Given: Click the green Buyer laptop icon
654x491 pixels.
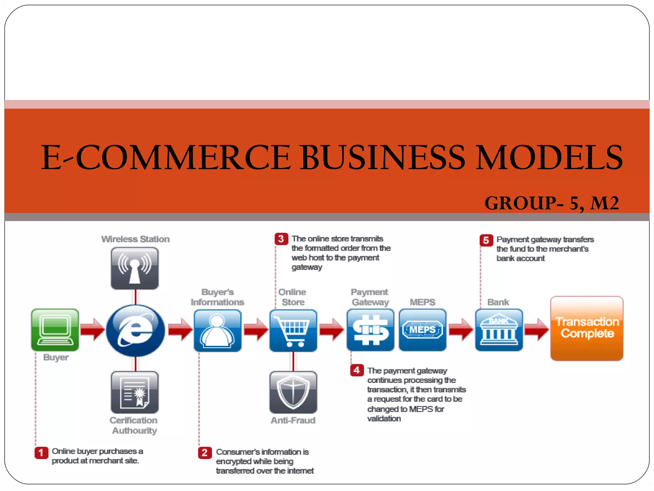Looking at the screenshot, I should point(55,330).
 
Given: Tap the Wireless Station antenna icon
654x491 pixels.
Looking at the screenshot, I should point(135,269).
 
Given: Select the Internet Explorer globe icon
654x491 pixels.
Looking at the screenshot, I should point(135,331).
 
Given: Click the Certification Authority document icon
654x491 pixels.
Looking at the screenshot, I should point(135,392).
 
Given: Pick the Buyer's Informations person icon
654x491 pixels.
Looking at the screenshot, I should point(217,331).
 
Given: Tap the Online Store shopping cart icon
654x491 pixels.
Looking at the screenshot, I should point(293,331).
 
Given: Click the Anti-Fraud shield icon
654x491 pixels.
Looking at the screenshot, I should point(293,392).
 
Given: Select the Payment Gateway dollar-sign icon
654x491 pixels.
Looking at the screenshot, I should point(370,330).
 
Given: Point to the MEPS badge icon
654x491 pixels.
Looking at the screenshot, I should point(422,330).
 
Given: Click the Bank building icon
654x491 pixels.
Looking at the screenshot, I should point(499,330).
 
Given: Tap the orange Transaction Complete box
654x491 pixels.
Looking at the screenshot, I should point(587,328).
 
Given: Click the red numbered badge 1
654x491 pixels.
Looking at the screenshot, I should point(41,453).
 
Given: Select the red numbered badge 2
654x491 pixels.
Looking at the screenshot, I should point(205,453).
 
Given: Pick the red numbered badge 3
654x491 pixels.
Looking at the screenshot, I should point(281,239).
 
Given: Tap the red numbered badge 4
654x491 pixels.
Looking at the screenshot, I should point(357,370).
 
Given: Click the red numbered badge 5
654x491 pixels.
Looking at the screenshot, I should point(486,240).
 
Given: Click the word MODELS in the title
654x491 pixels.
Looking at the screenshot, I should point(549,157).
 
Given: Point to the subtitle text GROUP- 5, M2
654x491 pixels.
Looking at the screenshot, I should point(551,203).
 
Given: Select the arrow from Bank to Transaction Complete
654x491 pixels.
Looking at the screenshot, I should point(536,329).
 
